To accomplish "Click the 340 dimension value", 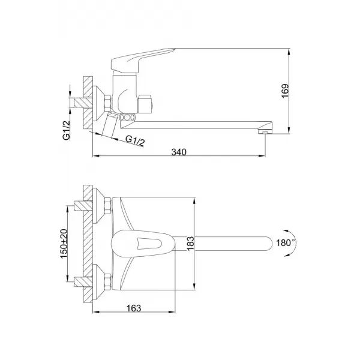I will click(x=179, y=152).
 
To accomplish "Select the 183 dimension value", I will click(x=205, y=243).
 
